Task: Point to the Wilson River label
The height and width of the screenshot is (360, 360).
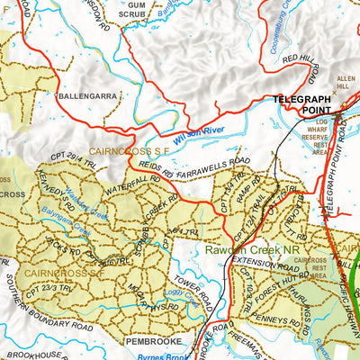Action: click(x=201, y=136)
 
